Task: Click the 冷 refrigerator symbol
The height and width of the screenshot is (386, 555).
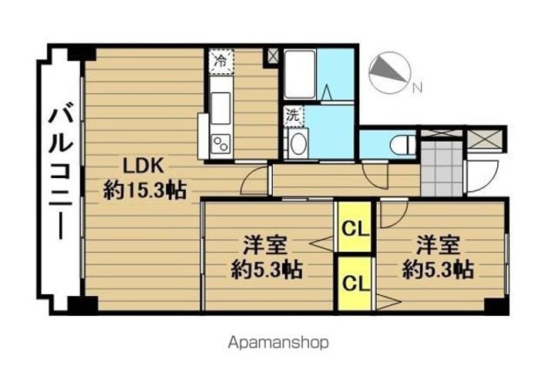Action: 221,60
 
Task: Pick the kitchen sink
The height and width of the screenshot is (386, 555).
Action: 220,105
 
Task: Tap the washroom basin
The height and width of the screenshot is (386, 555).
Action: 297,143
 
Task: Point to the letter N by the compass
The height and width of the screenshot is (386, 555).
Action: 416,87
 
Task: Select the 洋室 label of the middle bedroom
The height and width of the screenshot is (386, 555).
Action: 266,247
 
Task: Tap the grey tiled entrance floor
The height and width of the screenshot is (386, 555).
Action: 442,168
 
